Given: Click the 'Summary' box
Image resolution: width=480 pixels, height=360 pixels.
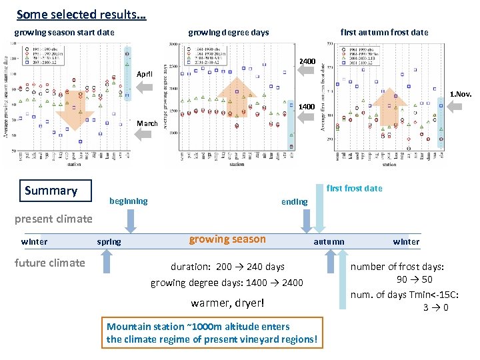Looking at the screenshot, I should [x=51, y=191].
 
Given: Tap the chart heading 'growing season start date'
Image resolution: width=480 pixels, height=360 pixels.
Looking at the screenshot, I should [x=65, y=32].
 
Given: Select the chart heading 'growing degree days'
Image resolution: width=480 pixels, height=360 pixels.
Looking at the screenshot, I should [x=229, y=32].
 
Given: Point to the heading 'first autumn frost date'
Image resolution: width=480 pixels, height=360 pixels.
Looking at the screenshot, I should [x=384, y=32].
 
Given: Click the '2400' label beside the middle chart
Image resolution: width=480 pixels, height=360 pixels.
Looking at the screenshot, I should [x=307, y=61].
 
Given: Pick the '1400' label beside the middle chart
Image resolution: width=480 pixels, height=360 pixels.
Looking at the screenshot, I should [x=307, y=107].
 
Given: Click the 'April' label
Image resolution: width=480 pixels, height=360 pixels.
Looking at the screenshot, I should [x=145, y=74].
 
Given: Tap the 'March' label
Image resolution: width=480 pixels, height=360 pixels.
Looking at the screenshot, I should [x=147, y=123].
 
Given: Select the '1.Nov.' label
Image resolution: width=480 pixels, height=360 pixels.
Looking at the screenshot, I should [x=461, y=94].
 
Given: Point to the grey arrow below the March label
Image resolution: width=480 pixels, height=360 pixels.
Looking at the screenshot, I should [x=145, y=134].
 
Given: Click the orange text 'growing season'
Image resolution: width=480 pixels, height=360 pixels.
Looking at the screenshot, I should [x=227, y=239].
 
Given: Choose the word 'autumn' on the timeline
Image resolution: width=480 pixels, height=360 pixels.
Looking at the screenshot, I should [x=329, y=242].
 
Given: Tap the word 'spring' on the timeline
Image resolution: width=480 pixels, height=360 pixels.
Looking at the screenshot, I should [x=109, y=242].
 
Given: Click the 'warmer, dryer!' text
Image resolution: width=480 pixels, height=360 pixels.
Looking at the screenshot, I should [x=227, y=303].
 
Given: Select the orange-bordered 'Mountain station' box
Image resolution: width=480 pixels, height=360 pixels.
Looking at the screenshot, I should [x=212, y=333].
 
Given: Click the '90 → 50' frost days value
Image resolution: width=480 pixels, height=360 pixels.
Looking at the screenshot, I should [x=415, y=279].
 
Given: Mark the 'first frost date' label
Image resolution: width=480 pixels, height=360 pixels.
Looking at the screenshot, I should [x=355, y=188].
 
